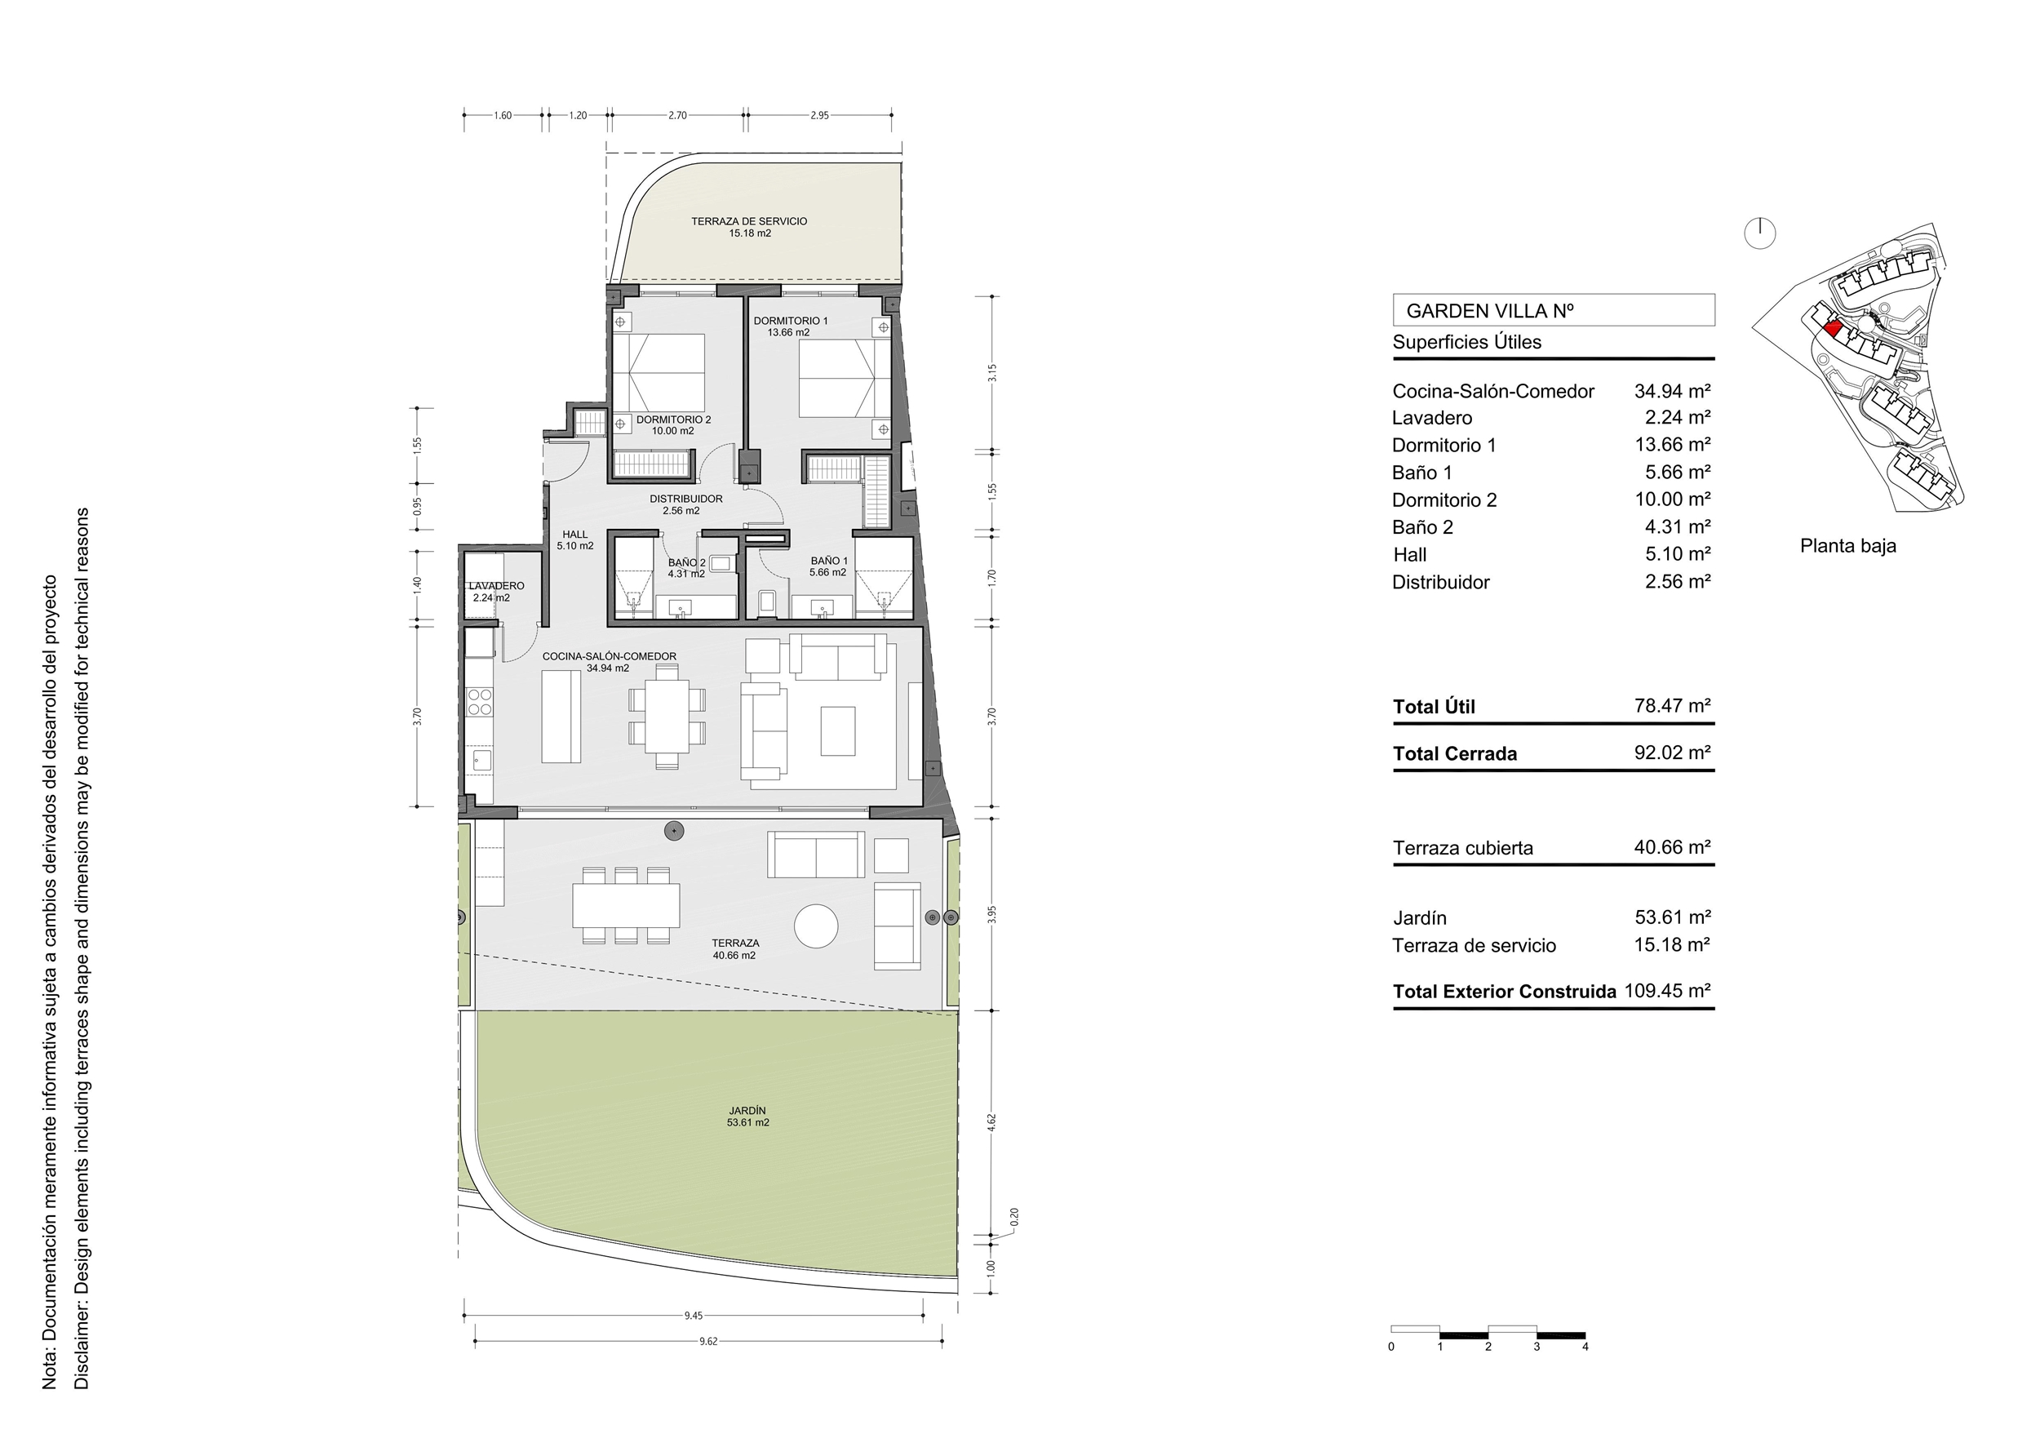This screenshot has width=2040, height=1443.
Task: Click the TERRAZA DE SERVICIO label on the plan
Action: pyautogui.click(x=749, y=221)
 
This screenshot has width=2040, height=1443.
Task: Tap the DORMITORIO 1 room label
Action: pyautogui.click(x=790, y=321)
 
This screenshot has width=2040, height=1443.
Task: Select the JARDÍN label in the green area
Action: pyautogui.click(x=747, y=1111)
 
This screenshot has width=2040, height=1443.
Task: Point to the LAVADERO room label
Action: pyautogui.click(x=497, y=587)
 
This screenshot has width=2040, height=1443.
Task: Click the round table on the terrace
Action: pyautogui.click(x=816, y=926)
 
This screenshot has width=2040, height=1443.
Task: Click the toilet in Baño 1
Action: pyautogui.click(x=768, y=602)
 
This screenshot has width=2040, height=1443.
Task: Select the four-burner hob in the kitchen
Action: pyautogui.click(x=480, y=702)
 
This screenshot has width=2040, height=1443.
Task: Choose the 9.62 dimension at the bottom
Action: pyautogui.click(x=708, y=1342)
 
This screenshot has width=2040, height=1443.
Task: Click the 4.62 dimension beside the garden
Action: pyautogui.click(x=992, y=1122)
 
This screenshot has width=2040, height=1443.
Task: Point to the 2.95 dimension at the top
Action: pyautogui.click(x=819, y=116)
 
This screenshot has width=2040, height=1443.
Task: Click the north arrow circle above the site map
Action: pyautogui.click(x=1760, y=233)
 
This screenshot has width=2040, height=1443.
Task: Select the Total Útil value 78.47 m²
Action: pyautogui.click(x=1672, y=705)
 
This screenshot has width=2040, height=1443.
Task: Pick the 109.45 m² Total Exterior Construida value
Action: pyautogui.click(x=1668, y=991)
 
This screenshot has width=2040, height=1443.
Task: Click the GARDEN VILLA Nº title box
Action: pyautogui.click(x=1553, y=310)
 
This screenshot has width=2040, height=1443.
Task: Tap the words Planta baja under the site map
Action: pyautogui.click(x=1848, y=545)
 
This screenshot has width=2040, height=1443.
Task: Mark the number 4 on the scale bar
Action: pyautogui.click(x=1585, y=1346)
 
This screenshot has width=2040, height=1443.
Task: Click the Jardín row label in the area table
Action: pyautogui.click(x=1420, y=918)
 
